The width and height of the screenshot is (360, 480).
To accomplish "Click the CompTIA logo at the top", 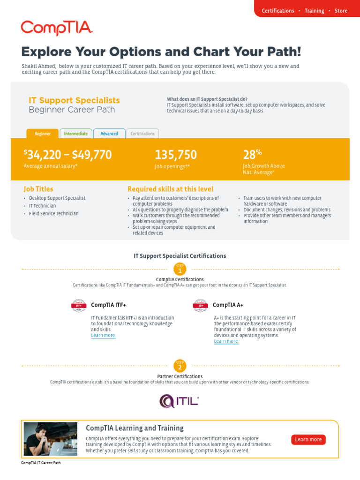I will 57,28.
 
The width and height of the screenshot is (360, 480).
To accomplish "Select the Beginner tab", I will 43,134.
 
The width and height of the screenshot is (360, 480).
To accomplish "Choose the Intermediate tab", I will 76,134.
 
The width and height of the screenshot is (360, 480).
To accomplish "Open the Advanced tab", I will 109,134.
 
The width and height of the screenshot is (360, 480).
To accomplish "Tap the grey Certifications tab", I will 142,134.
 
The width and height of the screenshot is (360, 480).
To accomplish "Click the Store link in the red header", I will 341,11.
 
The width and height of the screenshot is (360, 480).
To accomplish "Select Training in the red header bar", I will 314,11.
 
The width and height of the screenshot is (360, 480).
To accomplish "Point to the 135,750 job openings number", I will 176,155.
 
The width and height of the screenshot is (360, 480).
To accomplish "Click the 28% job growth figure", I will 252,154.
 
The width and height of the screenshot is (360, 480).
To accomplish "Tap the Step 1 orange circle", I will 180,269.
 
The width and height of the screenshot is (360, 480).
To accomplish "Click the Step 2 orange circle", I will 180,366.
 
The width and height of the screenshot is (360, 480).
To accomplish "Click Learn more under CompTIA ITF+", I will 103,336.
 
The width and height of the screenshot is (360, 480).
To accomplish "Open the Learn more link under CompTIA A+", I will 226,341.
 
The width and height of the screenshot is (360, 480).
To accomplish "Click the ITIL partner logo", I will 180,401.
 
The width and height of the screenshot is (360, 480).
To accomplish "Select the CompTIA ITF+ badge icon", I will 79,305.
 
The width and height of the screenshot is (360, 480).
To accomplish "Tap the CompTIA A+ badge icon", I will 201,305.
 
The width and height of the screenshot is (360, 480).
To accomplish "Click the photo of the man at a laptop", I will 51,439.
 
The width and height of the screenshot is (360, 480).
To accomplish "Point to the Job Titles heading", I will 38,189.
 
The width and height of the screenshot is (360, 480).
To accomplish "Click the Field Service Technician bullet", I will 54,214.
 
